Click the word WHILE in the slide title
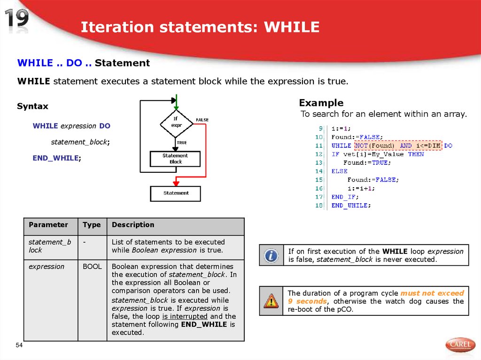click(291, 27)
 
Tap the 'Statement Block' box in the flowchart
click(175, 159)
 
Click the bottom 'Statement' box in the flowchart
click(175, 193)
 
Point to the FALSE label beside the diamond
click(202, 120)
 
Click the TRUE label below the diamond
click(182, 143)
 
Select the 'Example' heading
click(321, 103)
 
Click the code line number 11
click(319, 146)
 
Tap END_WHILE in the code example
click(351, 206)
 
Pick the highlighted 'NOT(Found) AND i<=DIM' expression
click(398, 146)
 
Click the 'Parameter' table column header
click(48, 225)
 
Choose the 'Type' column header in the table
click(92, 225)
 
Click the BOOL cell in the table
click(92, 267)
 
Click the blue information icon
click(271, 255)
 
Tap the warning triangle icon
click(271, 300)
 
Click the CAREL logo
click(460, 345)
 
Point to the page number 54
click(19, 346)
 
